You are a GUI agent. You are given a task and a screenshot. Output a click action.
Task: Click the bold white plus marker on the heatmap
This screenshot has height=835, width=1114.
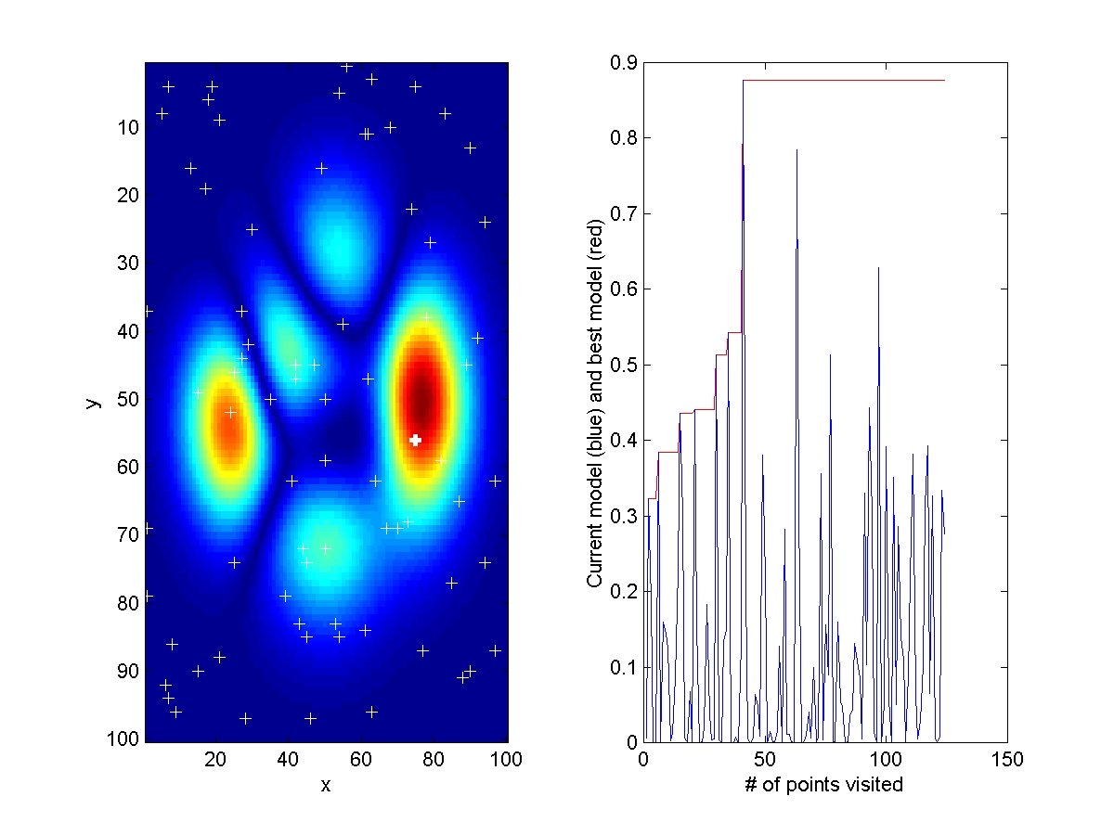416,440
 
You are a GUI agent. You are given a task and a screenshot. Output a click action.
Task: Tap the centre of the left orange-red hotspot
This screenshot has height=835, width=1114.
226,430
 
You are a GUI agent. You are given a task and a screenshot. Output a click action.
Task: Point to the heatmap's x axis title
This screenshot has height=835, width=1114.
326,785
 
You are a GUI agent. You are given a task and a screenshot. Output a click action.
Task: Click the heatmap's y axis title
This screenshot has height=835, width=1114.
92,401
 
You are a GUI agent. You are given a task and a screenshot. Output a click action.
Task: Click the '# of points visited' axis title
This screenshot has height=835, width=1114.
824,785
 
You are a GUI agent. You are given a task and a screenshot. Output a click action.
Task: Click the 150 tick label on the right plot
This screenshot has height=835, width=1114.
1007,760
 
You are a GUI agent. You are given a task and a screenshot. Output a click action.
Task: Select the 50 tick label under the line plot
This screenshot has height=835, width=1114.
765,760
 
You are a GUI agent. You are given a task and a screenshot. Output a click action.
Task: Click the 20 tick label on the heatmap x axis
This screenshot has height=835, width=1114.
215,760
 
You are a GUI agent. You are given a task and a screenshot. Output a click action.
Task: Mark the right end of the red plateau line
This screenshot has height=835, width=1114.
944,81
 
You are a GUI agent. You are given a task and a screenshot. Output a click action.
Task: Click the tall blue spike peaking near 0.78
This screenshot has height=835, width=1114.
797,151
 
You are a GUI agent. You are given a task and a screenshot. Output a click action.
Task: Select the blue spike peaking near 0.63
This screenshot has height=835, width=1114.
878,269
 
